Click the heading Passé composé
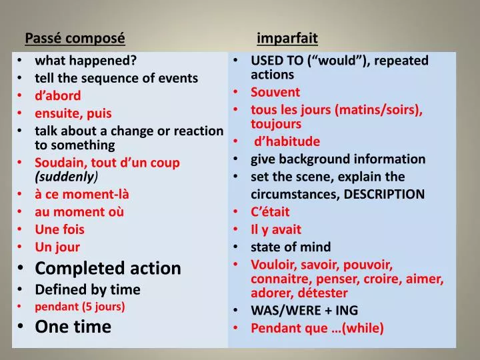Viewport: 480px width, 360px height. [75, 38]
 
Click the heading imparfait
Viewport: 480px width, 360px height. [287, 38]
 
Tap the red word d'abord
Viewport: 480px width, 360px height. [57, 95]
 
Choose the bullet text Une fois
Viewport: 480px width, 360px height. [59, 229]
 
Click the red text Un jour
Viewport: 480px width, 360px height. [57, 247]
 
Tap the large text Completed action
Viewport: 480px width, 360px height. [108, 268]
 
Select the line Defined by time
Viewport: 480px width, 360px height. [87, 289]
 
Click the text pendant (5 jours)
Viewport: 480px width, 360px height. [80, 307]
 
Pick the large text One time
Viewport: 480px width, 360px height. [73, 326]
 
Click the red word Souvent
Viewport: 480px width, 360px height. [275, 92]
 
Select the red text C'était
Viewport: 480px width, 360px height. [271, 212]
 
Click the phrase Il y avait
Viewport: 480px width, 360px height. [276, 229]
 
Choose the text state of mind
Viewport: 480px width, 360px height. [291, 247]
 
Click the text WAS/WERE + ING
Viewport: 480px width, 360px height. [304, 310]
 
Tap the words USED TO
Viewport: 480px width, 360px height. [279, 61]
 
